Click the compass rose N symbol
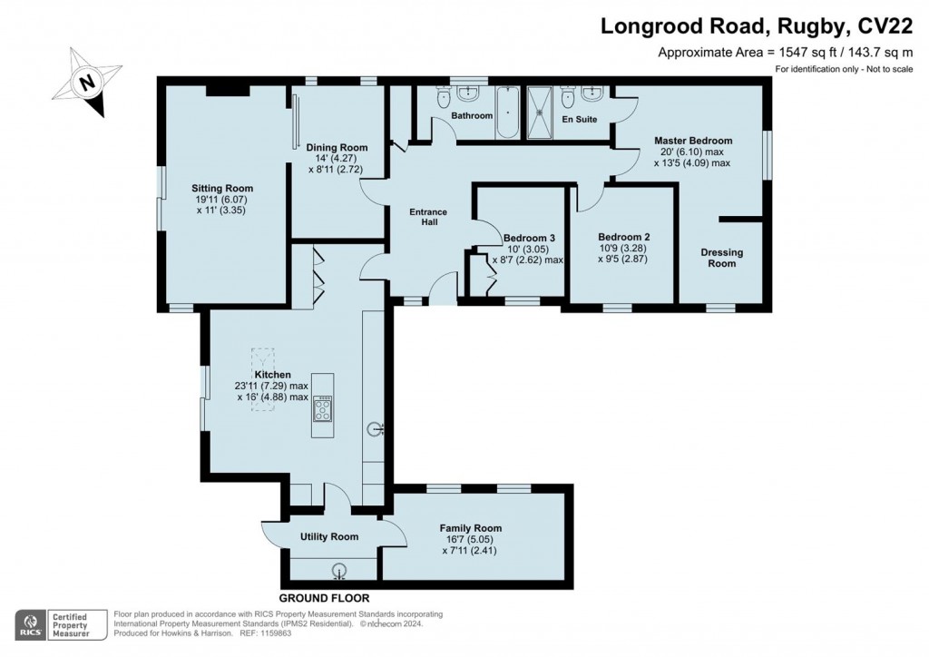tap(87, 81)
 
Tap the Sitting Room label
tap(222, 189)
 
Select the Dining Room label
tap(337, 148)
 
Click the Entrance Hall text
tap(428, 217)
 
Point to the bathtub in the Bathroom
tap(508, 112)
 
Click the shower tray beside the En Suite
tap(539, 113)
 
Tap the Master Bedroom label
tap(693, 141)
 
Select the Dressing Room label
tap(721, 258)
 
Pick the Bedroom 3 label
tap(529, 238)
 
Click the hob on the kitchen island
tap(323, 407)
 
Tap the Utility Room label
tap(328, 536)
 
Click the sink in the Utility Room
tap(339, 570)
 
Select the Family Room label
tap(471, 528)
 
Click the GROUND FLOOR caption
tap(324, 598)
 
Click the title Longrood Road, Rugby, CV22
tap(758, 26)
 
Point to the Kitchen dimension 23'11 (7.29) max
tap(271, 386)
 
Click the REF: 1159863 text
tap(266, 633)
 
